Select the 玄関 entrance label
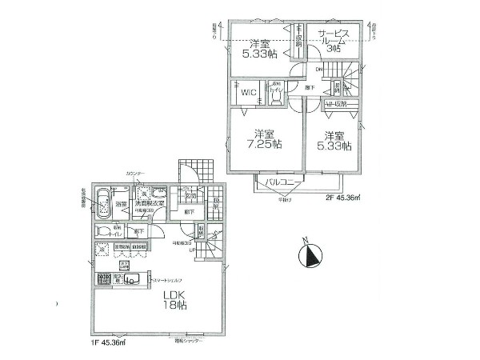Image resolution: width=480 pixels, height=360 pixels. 190,198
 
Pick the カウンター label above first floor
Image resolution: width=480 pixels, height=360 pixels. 135,174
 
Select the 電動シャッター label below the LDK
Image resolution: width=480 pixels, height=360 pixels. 188,340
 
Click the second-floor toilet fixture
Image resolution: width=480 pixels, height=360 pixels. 274,94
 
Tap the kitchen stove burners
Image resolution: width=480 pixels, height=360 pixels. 102,279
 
